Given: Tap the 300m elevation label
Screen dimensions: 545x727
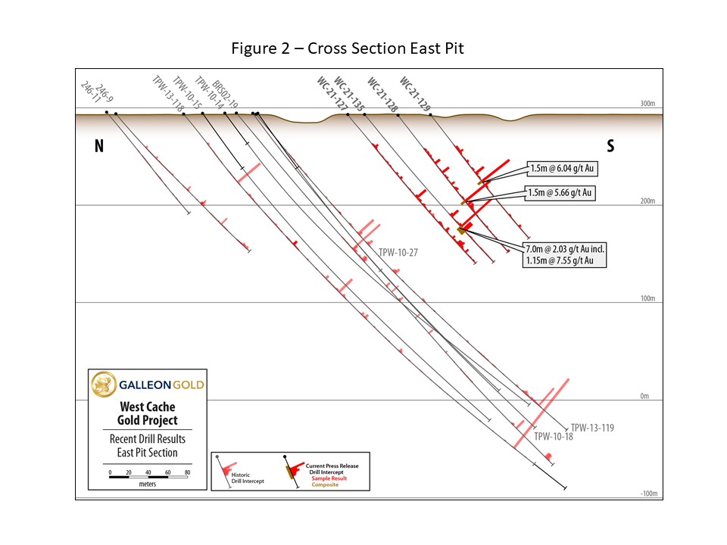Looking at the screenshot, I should pyautogui.click(x=646, y=104).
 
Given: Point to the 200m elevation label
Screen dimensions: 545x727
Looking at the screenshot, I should pyautogui.click(x=646, y=201).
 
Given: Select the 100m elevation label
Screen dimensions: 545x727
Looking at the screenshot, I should pyautogui.click(x=646, y=298).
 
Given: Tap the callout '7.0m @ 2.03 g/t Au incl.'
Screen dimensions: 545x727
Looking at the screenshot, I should pyautogui.click(x=564, y=248).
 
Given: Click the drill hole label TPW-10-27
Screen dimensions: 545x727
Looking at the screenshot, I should pyautogui.click(x=398, y=253).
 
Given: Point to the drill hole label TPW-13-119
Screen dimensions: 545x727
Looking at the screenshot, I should pyautogui.click(x=591, y=428).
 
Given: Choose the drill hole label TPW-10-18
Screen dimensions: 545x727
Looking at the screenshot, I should pyautogui.click(x=554, y=437).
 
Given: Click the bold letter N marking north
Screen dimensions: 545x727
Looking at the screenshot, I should pyautogui.click(x=98, y=147).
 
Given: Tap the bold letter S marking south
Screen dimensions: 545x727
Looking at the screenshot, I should pyautogui.click(x=610, y=147).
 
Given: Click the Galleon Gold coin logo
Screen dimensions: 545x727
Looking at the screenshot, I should pyautogui.click(x=103, y=385).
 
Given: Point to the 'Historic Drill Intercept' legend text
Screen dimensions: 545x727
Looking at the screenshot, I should pyautogui.click(x=246, y=480).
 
